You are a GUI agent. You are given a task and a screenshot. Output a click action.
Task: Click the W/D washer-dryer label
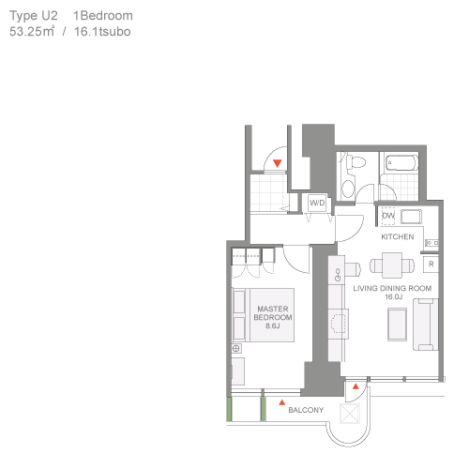317,203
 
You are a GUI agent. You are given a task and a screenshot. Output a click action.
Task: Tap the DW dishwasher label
388,216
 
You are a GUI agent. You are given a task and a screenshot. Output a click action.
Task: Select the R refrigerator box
431,265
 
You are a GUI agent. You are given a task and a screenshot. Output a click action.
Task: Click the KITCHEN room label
398,236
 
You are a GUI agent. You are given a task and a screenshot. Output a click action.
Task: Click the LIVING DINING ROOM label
392,288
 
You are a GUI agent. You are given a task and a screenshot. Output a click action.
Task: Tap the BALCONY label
306,410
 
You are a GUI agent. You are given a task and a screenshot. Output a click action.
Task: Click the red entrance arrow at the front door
278,163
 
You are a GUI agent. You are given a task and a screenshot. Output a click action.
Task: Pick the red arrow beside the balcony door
356,386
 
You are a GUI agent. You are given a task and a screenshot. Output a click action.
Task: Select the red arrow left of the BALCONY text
282,402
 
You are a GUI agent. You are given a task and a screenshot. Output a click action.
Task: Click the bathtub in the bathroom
401,162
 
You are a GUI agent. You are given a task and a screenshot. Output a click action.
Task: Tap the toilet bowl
356,162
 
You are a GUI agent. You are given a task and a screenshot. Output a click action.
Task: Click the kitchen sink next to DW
411,217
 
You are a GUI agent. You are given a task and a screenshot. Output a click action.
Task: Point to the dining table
392,265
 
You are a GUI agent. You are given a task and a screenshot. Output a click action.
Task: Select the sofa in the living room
426,325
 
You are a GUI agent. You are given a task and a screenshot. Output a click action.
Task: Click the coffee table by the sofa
398,325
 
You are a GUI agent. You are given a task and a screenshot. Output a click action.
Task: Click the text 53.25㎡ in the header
32,31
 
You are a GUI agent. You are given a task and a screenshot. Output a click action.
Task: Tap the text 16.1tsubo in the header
102,32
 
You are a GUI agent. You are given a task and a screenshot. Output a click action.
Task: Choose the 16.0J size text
393,296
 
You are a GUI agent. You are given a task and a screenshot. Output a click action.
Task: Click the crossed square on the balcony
350,414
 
